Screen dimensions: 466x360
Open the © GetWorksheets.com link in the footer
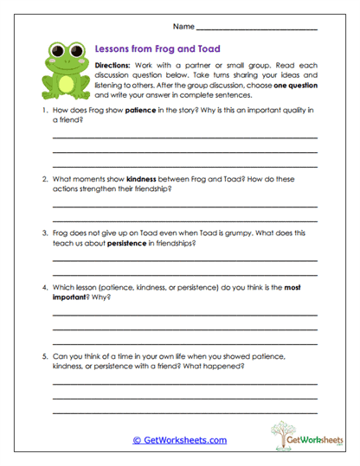(179, 440)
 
